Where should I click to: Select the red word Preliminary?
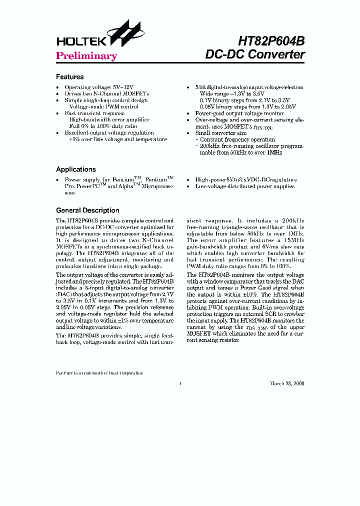(x=86, y=56)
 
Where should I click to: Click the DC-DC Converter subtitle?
(x=255, y=54)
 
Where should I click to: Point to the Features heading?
(x=69, y=77)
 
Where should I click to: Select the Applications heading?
(x=75, y=169)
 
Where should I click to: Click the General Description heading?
(x=87, y=210)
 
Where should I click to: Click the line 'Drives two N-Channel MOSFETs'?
(x=106, y=93)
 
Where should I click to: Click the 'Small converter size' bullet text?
(x=221, y=133)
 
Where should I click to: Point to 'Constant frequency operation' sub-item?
(x=237, y=139)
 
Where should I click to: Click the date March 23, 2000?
(x=287, y=383)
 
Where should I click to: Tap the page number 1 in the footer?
(x=179, y=383)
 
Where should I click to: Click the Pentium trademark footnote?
(x=99, y=373)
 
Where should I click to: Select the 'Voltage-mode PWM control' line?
(x=103, y=107)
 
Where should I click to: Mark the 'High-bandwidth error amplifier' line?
(x=109, y=120)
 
